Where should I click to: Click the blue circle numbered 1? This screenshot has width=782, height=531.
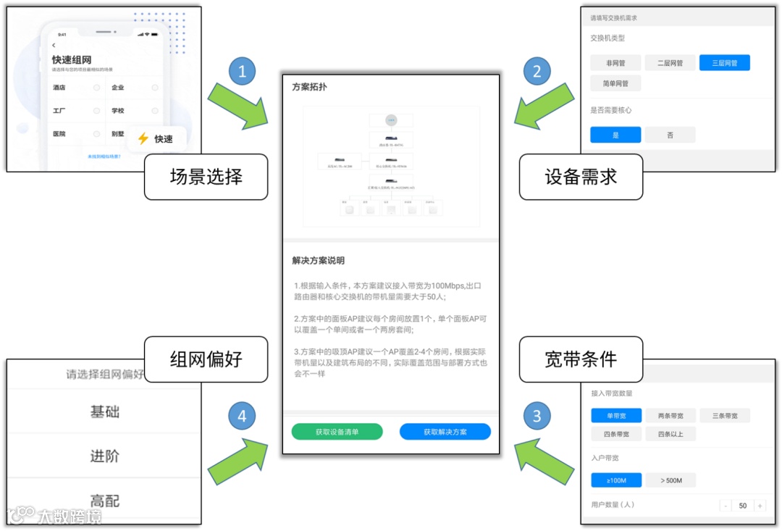pyautogui.click(x=242, y=72)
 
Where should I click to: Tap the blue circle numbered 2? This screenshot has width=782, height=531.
pyautogui.click(x=537, y=72)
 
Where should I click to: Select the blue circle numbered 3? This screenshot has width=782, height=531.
pyautogui.click(x=537, y=416)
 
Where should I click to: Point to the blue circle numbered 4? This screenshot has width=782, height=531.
pyautogui.click(x=242, y=416)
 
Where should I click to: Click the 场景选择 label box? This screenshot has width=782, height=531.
pyautogui.click(x=206, y=177)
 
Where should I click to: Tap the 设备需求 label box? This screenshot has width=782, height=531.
pyautogui.click(x=581, y=177)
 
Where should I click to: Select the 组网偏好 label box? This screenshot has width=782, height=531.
pyautogui.click(x=206, y=359)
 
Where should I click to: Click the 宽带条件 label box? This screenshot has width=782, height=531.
pyautogui.click(x=581, y=359)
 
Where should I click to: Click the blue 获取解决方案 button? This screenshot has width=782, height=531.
pyautogui.click(x=445, y=432)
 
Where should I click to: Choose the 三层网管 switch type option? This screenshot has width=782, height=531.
pyautogui.click(x=724, y=63)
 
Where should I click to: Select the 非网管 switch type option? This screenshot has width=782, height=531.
pyautogui.click(x=615, y=63)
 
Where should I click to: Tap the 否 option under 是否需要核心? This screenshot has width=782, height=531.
pyautogui.click(x=670, y=135)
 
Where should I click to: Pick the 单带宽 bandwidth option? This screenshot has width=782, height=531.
pyautogui.click(x=615, y=416)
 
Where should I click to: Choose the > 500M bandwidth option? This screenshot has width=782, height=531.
pyautogui.click(x=670, y=480)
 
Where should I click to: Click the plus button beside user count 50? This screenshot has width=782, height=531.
pyautogui.click(x=760, y=506)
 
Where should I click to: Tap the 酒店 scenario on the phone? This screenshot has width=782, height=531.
pyautogui.click(x=59, y=88)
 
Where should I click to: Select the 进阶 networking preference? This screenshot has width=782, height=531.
pyautogui.click(x=104, y=456)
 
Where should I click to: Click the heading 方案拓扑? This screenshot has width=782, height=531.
pyautogui.click(x=309, y=87)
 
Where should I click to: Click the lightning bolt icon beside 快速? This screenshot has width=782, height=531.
pyautogui.click(x=143, y=138)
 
